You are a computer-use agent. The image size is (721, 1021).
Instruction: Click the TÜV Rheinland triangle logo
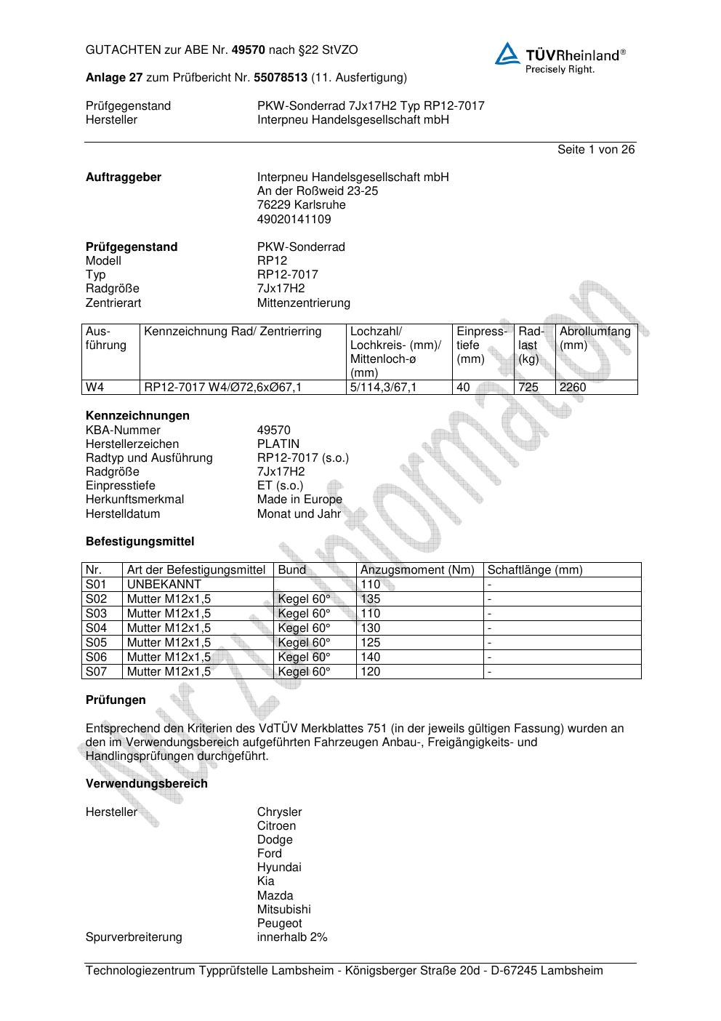(507, 54)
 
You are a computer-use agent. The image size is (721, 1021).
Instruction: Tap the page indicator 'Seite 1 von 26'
(596, 150)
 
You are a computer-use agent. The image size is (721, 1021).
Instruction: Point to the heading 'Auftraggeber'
(124, 177)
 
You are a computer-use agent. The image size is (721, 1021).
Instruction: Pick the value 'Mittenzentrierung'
(303, 303)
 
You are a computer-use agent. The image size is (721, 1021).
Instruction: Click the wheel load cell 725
(528, 388)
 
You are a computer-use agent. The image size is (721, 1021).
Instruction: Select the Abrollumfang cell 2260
(573, 388)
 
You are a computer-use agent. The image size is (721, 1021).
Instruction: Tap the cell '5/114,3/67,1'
(383, 388)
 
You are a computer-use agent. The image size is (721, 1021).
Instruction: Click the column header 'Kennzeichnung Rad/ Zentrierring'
(233, 332)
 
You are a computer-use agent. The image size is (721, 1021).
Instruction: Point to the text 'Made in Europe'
(299, 500)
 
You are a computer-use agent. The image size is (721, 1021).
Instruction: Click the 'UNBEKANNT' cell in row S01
(164, 585)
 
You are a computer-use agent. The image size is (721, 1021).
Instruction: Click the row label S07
(96, 672)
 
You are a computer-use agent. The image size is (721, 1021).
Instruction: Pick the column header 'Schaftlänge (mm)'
(534, 570)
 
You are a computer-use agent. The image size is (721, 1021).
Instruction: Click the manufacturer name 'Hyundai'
(278, 868)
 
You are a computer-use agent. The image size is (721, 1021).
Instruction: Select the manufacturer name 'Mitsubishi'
(283, 910)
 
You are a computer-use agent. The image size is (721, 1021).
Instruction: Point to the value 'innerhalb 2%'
(291, 937)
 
